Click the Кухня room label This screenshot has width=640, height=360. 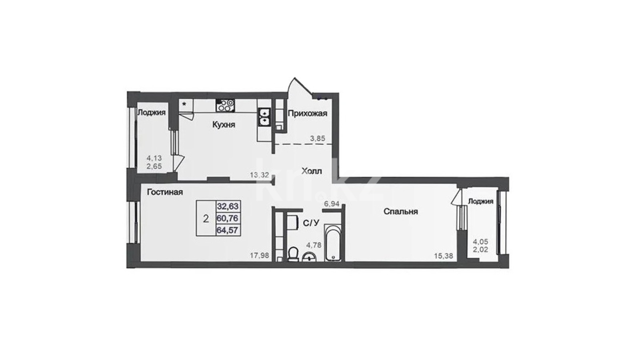click(224, 125)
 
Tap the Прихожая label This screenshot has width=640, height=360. click(308, 114)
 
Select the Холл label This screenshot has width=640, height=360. click(312, 171)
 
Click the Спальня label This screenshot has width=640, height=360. click(400, 212)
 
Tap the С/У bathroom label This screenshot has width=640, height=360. click(310, 223)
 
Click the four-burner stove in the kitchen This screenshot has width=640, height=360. click(226, 105)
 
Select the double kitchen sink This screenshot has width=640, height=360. click(264, 117)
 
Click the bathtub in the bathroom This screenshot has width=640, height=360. click(333, 242)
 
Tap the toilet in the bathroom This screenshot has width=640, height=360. click(292, 255)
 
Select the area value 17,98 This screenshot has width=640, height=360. click(260, 256)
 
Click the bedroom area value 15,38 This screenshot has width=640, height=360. click(444, 256)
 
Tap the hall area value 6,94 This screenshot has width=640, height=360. click(332, 204)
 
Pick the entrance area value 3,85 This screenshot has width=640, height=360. click(318, 138)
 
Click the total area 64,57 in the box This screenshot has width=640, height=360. click(228, 230)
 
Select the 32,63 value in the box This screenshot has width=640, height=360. click(228, 206)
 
